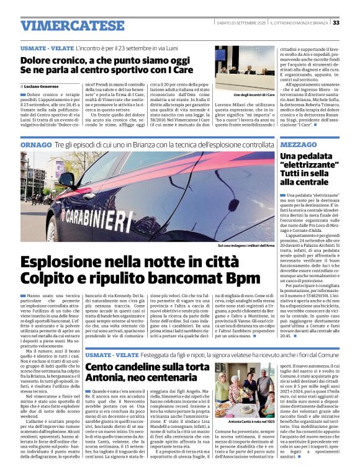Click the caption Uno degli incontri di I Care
pyautogui.click(x=254, y=94)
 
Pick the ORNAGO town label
pyautogui.click(x=35, y=144)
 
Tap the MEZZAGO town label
pyautogui.click(x=299, y=144)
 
